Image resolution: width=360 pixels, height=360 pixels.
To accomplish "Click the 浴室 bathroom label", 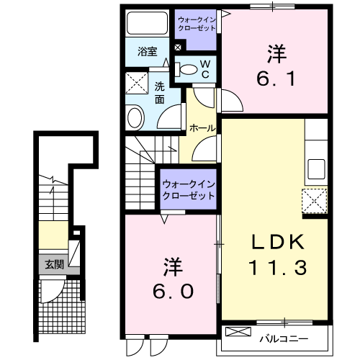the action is coord(148,51).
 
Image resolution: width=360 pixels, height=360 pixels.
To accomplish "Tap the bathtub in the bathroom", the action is coord(147,23).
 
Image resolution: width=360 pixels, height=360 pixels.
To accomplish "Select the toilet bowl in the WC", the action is coord(186,69).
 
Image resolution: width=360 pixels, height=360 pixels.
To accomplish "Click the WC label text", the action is coord(205,69).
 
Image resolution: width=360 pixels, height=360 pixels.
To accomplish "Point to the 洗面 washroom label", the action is coord(160,93).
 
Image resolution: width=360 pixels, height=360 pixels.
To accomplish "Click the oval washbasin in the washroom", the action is coord(135,118).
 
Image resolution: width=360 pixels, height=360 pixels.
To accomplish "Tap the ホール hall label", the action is coord(202,128).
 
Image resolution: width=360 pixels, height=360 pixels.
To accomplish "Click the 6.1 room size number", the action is coord(276,78).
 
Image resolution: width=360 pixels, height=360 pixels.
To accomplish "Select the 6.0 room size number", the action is coord(173,291).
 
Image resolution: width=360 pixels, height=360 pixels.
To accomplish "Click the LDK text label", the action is coord(278,242).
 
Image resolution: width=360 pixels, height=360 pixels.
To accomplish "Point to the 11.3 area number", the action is coord(277,268).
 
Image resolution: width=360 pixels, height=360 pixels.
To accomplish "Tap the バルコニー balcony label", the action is coord(284,339).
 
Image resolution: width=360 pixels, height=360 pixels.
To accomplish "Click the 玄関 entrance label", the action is coord(55,265).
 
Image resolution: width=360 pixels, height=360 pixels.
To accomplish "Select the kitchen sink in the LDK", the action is coord(316,169).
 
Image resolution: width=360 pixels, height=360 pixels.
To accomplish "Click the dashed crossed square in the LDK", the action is coord(315,201).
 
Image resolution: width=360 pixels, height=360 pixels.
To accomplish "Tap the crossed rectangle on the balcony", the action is coord(238,331).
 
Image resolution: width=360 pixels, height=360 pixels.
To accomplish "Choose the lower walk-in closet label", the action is coord(189,190).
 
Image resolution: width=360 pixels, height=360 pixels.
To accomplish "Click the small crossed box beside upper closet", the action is coord(178,48).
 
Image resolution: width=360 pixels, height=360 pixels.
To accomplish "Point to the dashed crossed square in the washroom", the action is coord(137,83).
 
